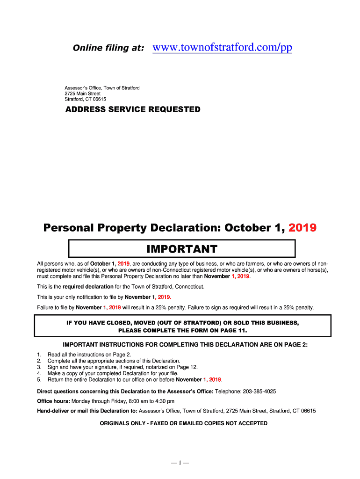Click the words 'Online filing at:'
point(108,48)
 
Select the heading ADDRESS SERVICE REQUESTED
point(132,109)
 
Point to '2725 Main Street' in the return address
point(82,94)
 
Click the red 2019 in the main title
point(302,228)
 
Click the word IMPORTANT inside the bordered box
point(182,248)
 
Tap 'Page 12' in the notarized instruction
point(181,367)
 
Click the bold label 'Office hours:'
point(53,401)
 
